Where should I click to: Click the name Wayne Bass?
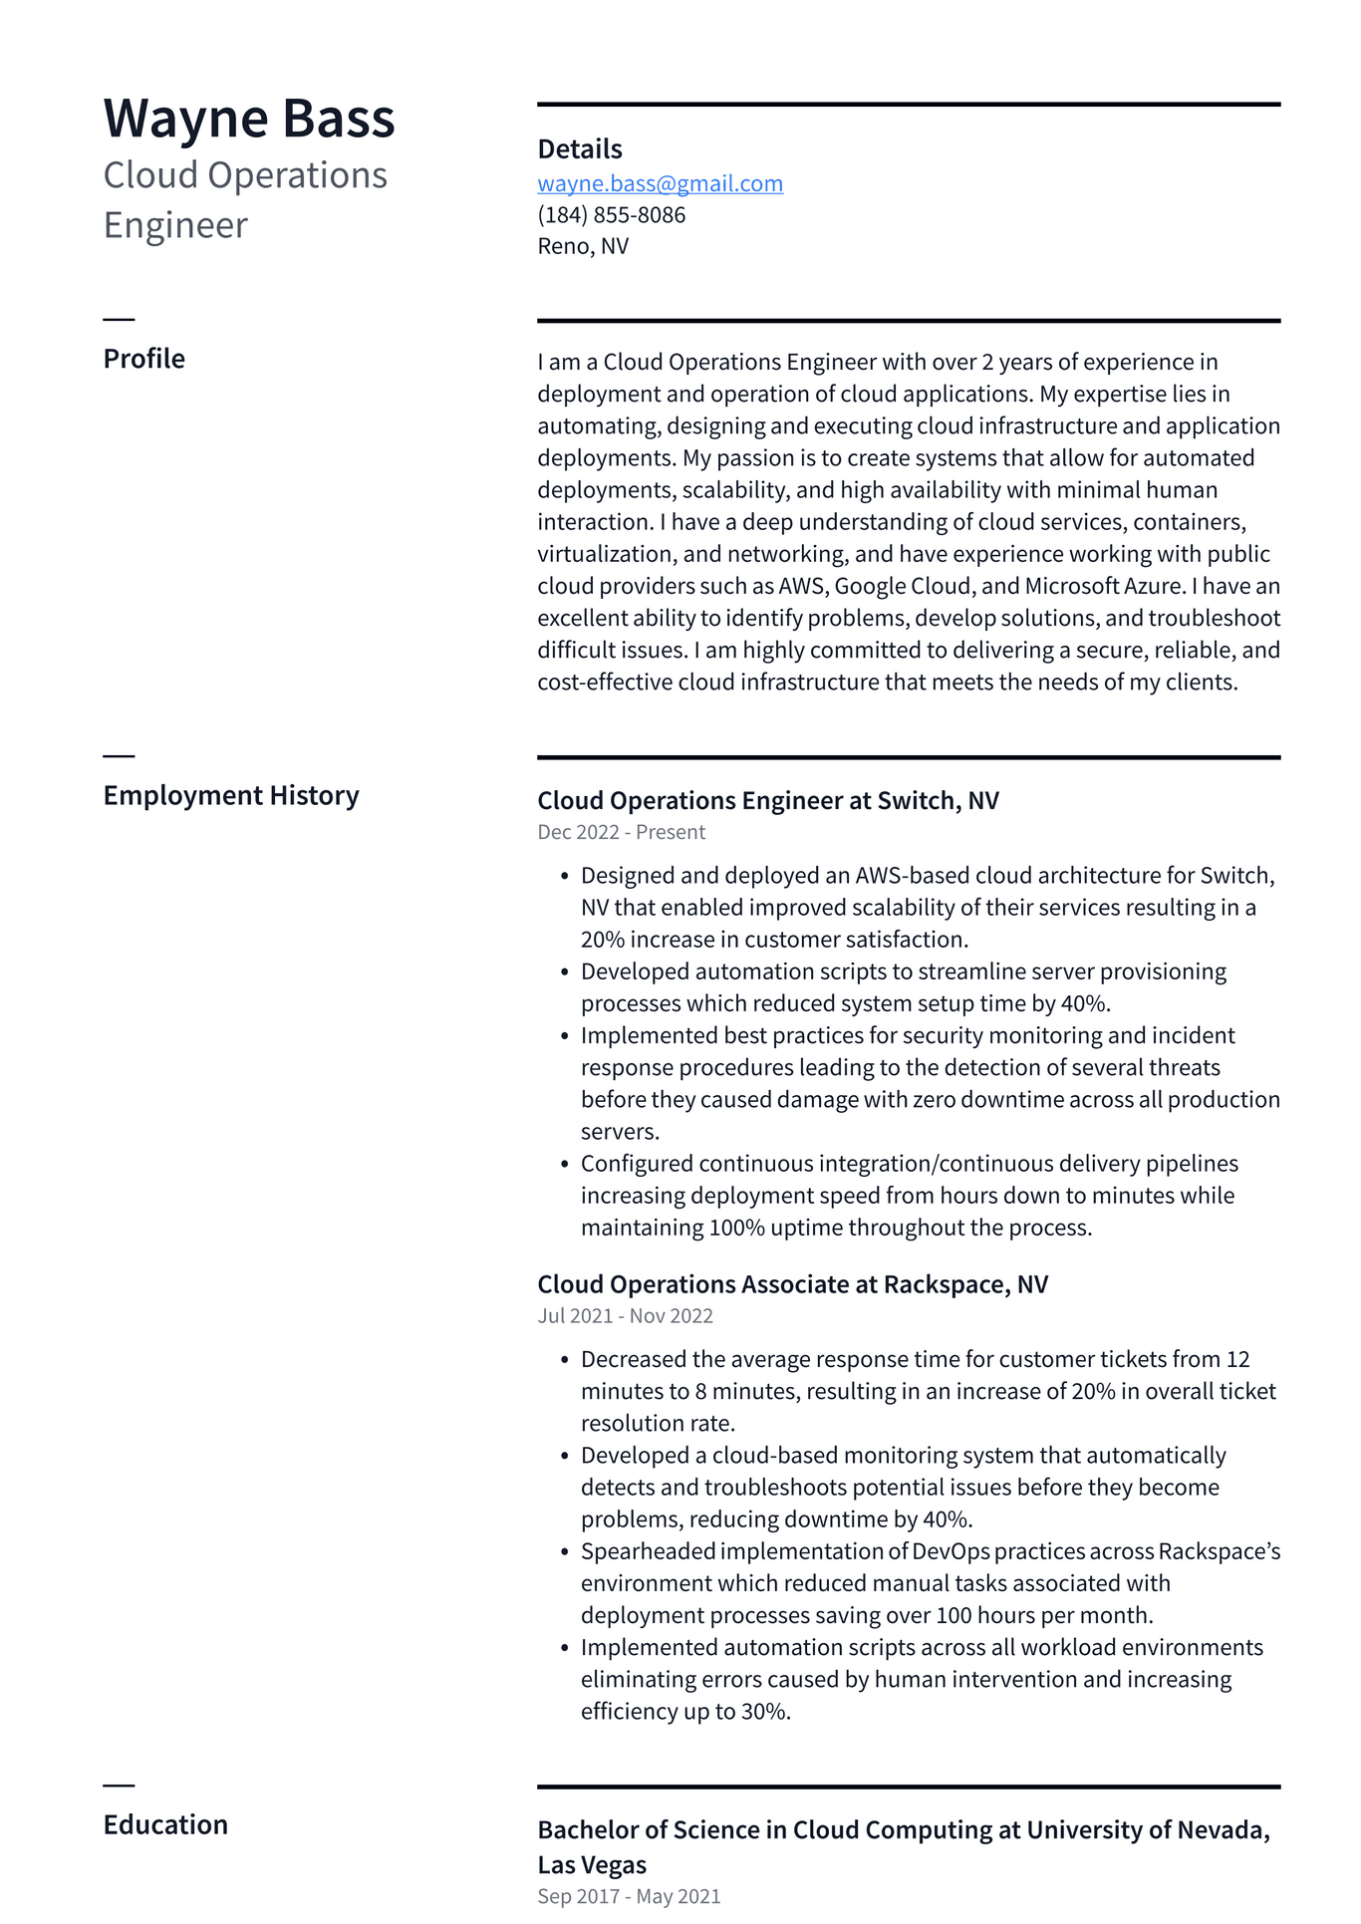tap(249, 119)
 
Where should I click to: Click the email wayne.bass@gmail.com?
tap(660, 183)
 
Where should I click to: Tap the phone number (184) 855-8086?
tap(611, 215)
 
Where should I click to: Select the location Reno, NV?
tap(583, 246)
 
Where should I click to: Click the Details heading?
tap(579, 149)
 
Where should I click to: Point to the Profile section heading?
tap(143, 359)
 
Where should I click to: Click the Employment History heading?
tap(230, 795)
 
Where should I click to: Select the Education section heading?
tap(165, 1824)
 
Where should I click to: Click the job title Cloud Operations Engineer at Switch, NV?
tap(767, 801)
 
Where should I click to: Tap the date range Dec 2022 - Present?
tap(621, 832)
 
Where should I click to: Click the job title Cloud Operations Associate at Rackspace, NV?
tap(792, 1284)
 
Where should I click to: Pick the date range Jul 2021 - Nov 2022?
tap(625, 1315)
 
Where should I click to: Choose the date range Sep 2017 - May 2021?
tap(628, 1896)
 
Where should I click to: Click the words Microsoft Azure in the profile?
tap(1102, 586)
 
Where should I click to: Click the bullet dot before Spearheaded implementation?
tap(564, 1552)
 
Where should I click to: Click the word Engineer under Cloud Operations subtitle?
tap(175, 225)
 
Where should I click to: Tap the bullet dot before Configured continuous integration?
tap(564, 1164)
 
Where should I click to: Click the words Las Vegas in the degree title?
tap(592, 1865)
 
